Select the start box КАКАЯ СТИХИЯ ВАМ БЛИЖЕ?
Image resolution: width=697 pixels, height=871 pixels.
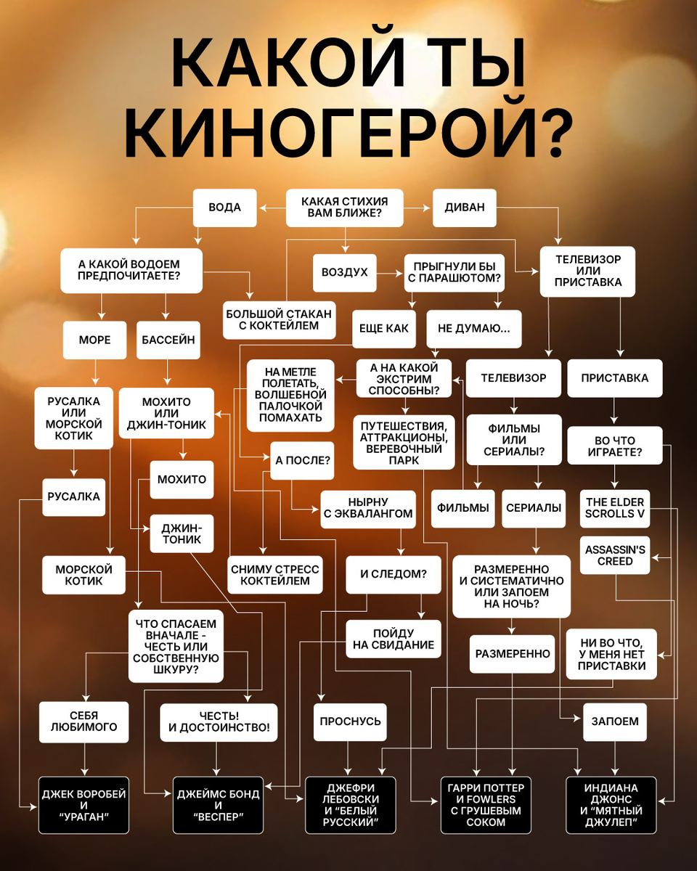(344, 208)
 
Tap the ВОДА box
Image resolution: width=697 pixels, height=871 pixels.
(226, 208)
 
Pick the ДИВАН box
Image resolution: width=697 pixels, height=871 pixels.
(465, 208)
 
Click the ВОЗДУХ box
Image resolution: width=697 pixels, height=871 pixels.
(345, 273)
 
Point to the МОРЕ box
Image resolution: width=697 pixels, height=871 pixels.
(94, 340)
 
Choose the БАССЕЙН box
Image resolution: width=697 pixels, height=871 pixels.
(168, 340)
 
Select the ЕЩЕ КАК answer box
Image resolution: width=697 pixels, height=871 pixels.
(384, 328)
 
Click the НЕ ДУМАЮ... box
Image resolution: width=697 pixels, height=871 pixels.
(474, 328)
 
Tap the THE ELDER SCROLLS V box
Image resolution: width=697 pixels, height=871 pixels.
(615, 508)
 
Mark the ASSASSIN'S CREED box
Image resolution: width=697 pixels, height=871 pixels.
(615, 555)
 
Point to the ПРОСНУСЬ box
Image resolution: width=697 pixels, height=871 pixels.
(351, 722)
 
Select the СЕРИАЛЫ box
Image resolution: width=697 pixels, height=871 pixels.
(534, 508)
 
